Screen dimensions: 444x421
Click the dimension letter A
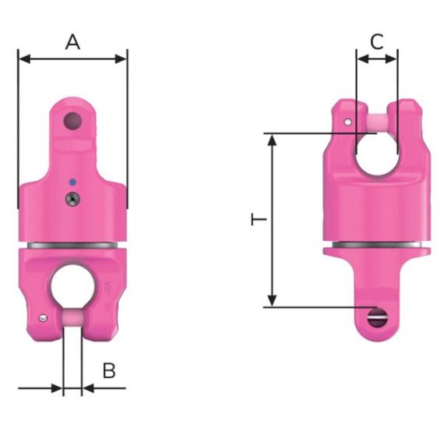coord(72,42)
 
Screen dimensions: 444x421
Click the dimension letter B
coord(109,370)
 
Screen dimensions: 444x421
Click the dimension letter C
coord(377,42)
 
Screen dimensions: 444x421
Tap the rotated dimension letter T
coord(259,219)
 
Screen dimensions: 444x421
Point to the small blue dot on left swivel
coord(72,182)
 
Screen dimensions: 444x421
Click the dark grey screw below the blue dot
coord(72,199)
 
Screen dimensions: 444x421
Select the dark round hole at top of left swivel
coord(72,121)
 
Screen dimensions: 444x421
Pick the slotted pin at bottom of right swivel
coord(377,317)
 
